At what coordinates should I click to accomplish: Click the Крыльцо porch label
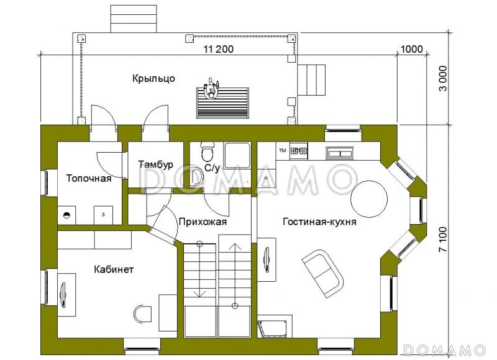153,78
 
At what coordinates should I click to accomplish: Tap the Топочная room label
89,179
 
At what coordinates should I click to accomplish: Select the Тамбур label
155,164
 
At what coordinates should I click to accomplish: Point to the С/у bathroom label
212,168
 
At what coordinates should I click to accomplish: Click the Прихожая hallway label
202,221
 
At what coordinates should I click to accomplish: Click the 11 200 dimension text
214,50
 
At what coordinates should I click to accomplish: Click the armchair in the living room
322,271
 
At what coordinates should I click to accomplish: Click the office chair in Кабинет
144,313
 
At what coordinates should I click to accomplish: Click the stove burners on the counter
299,150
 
